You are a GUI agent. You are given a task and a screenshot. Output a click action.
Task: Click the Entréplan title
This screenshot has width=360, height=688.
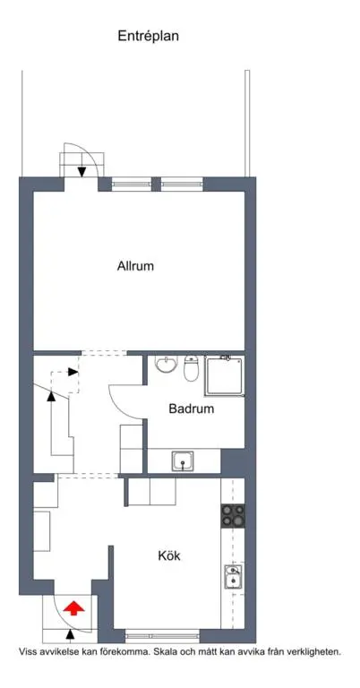[x=148, y=37]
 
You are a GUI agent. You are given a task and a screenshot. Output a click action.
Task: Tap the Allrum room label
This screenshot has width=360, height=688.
[x=135, y=266]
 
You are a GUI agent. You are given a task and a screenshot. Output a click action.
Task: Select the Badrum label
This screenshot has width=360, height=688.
[x=192, y=408]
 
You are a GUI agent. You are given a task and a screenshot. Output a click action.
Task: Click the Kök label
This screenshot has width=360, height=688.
[x=169, y=556]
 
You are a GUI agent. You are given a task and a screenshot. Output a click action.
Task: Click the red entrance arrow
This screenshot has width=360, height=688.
[x=73, y=608]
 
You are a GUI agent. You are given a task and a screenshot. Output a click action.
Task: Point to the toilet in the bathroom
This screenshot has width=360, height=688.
[x=191, y=368]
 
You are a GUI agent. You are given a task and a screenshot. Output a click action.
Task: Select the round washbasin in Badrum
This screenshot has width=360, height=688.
[x=167, y=365]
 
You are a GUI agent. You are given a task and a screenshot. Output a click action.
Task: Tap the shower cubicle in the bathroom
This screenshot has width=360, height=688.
[x=225, y=376]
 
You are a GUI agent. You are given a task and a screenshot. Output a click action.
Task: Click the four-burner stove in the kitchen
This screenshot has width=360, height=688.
[x=233, y=516]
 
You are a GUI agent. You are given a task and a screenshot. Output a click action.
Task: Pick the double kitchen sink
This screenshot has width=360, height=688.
[x=233, y=577]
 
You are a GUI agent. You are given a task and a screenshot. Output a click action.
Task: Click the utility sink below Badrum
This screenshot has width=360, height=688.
[x=183, y=460]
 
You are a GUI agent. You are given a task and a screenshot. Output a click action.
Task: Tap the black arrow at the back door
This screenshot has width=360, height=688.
[x=81, y=172]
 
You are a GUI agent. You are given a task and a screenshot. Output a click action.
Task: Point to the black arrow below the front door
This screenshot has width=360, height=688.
[x=70, y=634]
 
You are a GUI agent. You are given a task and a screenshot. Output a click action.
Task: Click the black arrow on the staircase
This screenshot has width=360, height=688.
[x=51, y=396]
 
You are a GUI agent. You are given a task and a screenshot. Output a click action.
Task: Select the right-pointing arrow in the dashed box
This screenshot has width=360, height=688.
[x=73, y=372]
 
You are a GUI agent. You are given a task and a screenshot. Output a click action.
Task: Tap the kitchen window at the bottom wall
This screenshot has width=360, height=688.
[x=163, y=636]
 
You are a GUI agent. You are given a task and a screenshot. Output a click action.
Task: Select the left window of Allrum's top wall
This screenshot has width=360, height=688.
[x=132, y=185]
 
